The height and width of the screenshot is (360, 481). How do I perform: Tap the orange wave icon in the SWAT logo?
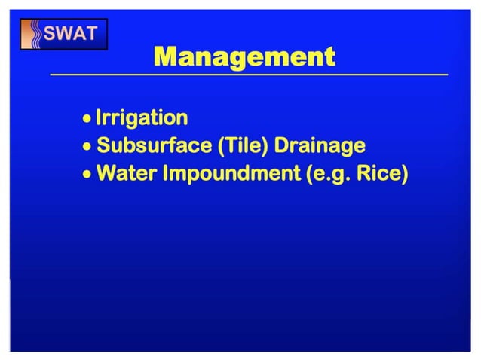click(33, 35)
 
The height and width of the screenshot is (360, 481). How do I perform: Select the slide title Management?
click(244, 56)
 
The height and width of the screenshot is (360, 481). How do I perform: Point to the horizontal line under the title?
click(249, 75)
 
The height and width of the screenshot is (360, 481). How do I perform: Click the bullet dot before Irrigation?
click(88, 119)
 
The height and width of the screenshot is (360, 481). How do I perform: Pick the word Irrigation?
click(142, 118)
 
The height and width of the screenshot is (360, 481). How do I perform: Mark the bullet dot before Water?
click(88, 175)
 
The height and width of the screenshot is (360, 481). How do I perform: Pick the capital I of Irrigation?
click(100, 117)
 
